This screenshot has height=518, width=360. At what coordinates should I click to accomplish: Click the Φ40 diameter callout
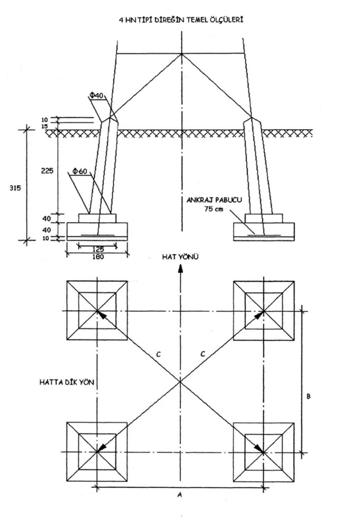pyautogui.click(x=96, y=96)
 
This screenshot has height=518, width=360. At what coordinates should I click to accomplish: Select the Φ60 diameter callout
pyautogui.click(x=79, y=170)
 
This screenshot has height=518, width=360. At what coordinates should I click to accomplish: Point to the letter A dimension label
pyautogui.click(x=180, y=494)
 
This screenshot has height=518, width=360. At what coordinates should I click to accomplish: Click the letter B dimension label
pyautogui.click(x=309, y=397)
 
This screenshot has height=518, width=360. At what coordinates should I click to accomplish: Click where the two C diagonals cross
pyautogui.click(x=180, y=382)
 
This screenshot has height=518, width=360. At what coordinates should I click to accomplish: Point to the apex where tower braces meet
pyautogui.click(x=181, y=54)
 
